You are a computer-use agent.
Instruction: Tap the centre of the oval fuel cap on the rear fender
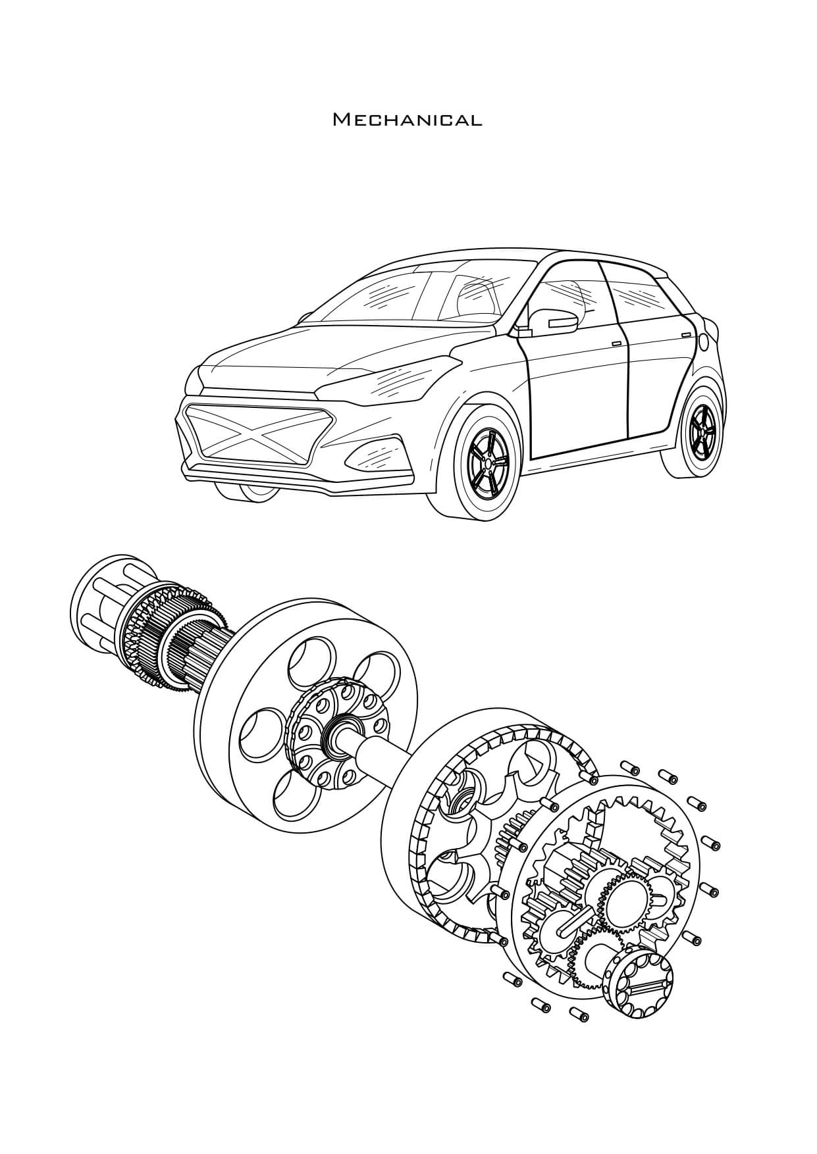click(704, 341)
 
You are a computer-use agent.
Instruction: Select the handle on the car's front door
click(616, 344)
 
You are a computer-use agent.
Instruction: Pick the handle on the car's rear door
click(687, 335)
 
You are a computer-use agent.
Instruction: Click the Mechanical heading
click(408, 120)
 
